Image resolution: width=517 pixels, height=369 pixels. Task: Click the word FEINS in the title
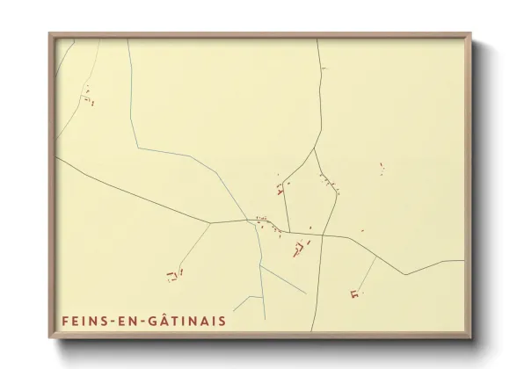click(84, 321)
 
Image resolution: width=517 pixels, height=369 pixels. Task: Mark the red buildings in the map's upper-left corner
click(88, 95)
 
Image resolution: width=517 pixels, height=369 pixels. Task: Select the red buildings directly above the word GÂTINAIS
click(174, 276)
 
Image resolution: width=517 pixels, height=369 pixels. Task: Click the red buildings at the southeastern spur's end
click(355, 294)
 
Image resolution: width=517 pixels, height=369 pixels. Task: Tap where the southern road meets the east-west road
click(322, 235)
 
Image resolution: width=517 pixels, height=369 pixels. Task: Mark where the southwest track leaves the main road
click(211, 223)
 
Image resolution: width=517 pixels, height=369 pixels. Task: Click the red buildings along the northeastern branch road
click(330, 184)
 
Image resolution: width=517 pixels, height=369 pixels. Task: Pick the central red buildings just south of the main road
click(300, 250)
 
